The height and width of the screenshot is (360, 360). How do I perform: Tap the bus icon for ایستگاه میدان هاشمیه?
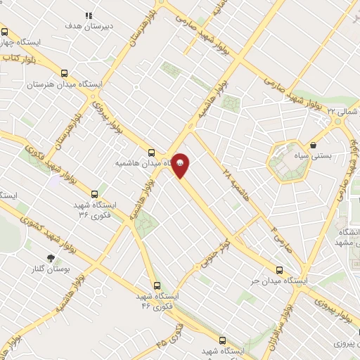click(151, 153)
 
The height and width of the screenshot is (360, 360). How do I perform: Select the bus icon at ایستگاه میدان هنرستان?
click(65, 73)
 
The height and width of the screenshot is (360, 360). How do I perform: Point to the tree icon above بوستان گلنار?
click(50, 259)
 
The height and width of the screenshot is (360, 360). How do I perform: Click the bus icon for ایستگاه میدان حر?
click(280, 270)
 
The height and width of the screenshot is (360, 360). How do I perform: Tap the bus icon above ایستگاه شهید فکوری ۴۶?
click(157, 286)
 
